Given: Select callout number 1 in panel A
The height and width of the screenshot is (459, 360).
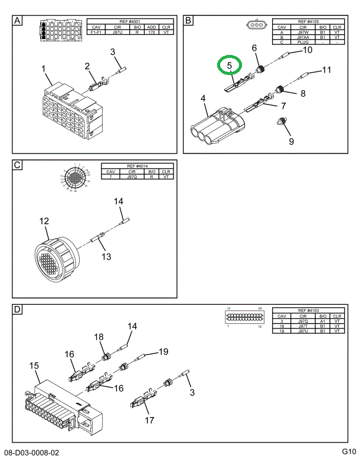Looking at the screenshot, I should [x=43, y=69].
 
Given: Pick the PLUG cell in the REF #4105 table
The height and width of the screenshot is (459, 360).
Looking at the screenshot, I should [x=304, y=43].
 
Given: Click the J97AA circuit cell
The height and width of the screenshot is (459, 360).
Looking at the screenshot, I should [x=303, y=37].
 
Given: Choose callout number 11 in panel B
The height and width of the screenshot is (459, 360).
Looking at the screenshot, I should [x=326, y=71].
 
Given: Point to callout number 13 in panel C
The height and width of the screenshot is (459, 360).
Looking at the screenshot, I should [x=106, y=256].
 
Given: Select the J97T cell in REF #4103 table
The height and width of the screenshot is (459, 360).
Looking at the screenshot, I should [x=303, y=326].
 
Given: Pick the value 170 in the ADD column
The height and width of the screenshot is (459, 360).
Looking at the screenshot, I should [x=151, y=32].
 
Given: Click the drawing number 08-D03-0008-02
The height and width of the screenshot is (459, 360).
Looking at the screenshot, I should [x=32, y=453].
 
